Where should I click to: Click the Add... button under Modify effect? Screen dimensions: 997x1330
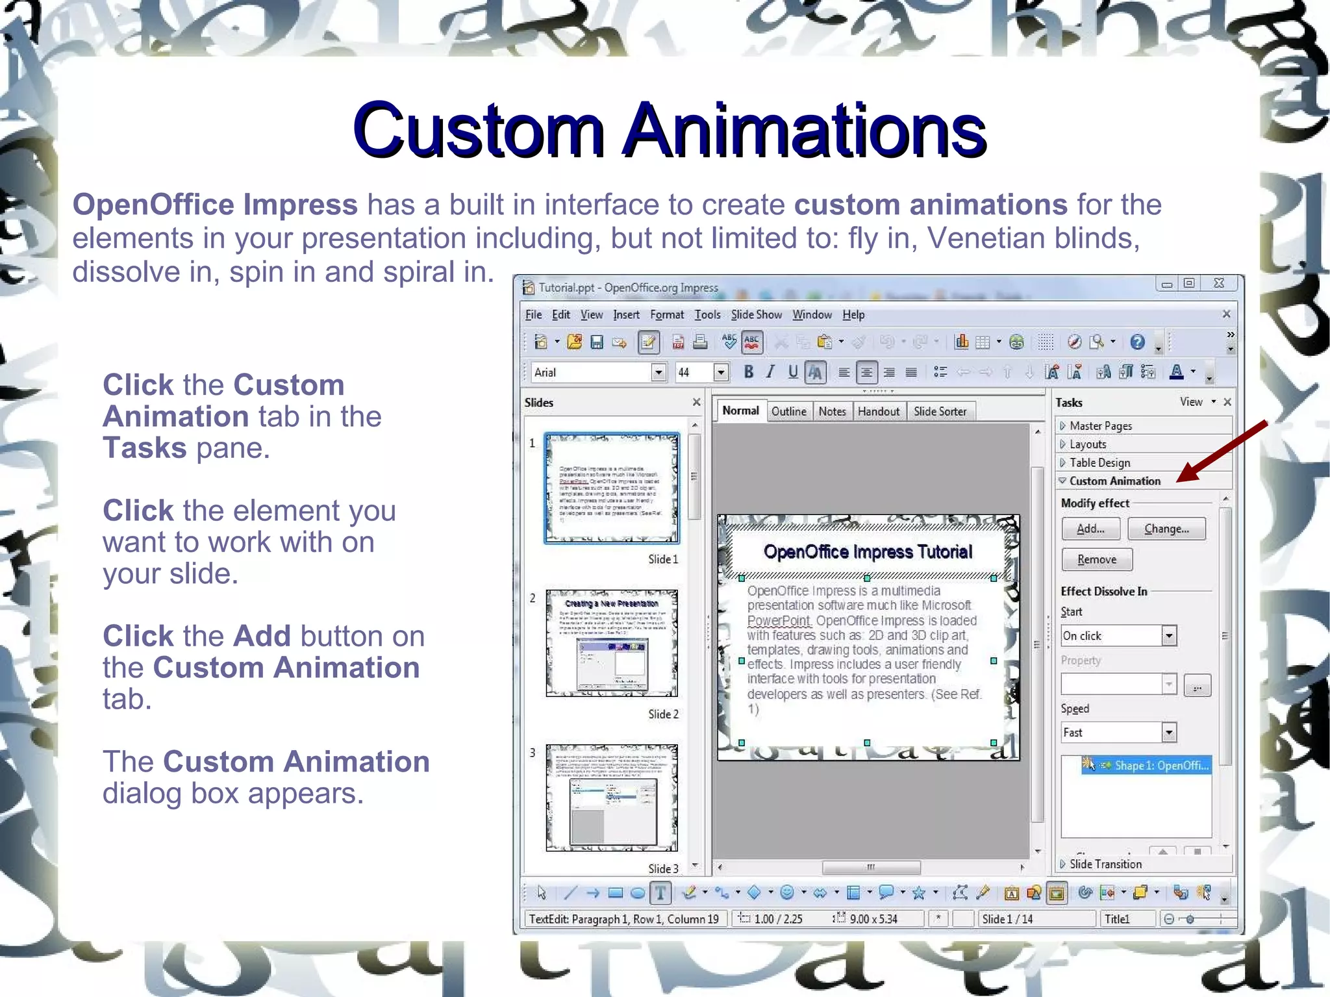click(x=1090, y=529)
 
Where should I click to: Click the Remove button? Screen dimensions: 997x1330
click(x=1096, y=559)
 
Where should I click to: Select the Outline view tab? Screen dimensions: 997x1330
click(x=788, y=411)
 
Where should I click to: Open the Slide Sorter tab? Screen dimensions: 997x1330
click(x=939, y=411)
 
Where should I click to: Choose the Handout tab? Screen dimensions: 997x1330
click(x=878, y=411)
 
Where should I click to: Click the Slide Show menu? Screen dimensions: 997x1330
click(x=756, y=315)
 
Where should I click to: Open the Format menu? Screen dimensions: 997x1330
click(x=666, y=315)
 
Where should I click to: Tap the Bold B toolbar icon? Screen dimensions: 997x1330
click(x=749, y=372)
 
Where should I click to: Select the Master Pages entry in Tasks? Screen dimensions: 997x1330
click(x=1100, y=426)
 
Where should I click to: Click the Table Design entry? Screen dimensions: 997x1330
click(x=1099, y=462)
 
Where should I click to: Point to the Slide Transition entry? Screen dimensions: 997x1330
click(x=1105, y=864)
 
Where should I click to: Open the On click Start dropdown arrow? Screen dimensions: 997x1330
click(x=1169, y=636)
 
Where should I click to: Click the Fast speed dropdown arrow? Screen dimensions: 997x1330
click(x=1169, y=733)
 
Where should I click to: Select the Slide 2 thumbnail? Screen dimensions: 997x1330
click(x=612, y=643)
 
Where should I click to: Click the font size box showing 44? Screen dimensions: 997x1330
click(x=694, y=372)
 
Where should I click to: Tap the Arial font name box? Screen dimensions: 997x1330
click(x=591, y=372)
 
